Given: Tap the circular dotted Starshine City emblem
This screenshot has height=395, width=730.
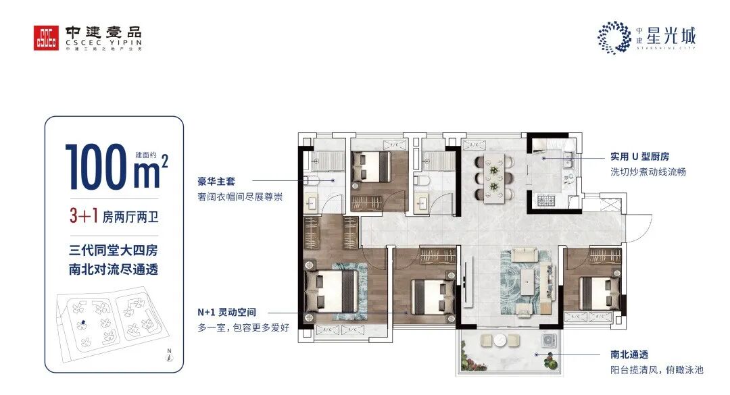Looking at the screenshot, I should pyautogui.click(x=614, y=37).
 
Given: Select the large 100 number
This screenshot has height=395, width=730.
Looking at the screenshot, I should pyautogui.click(x=95, y=166).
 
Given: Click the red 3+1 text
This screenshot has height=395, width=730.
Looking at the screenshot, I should pyautogui.click(x=82, y=217).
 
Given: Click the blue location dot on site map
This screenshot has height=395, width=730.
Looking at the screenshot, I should pyautogui.click(x=82, y=323).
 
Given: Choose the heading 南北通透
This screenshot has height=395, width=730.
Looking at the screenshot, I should pyautogui.click(x=620, y=354).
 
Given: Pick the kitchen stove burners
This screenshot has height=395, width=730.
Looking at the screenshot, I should pyautogui.click(x=545, y=199).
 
